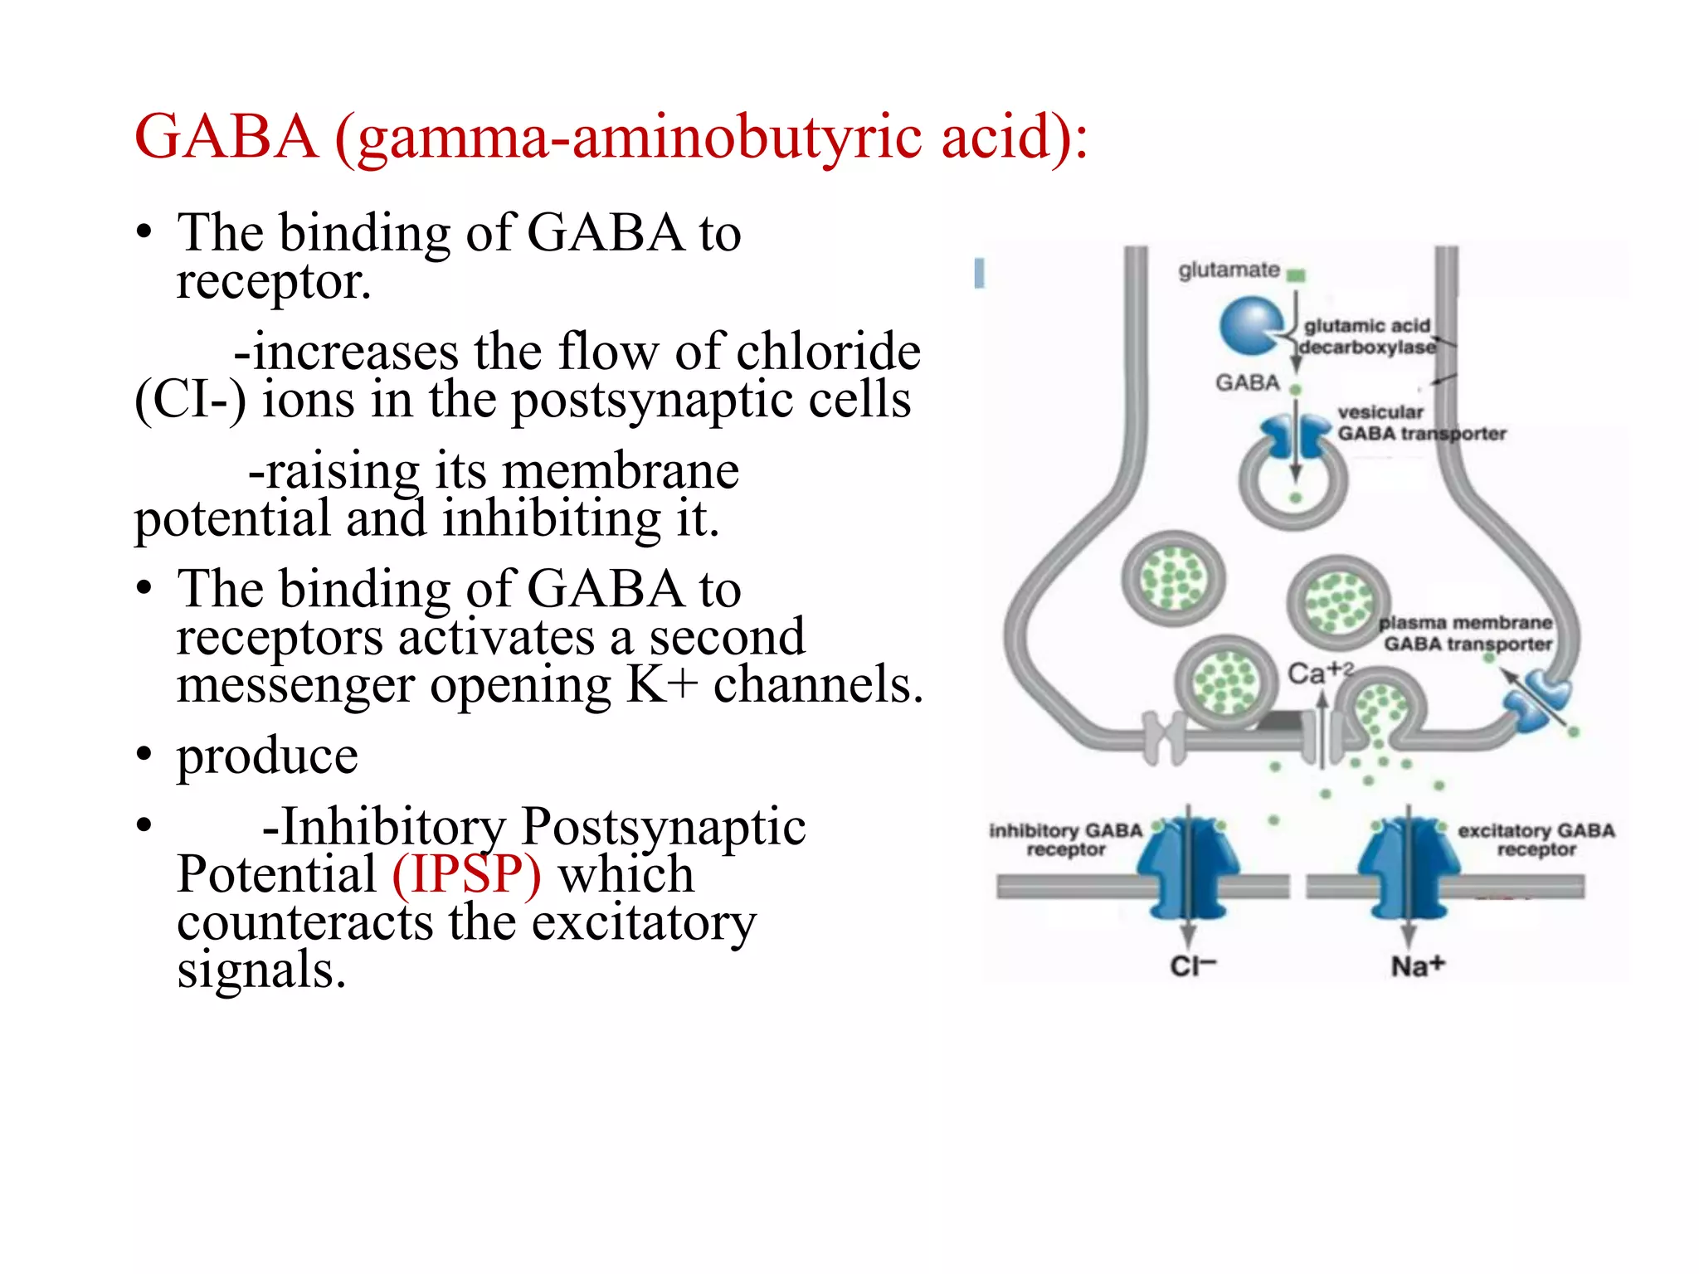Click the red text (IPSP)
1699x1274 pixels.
(466, 874)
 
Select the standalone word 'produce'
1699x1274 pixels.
(267, 756)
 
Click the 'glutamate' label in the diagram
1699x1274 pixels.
(1229, 270)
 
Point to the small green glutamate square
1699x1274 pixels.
(1297, 275)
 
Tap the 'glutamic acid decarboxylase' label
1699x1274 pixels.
(1367, 337)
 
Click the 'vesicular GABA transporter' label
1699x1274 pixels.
(1420, 423)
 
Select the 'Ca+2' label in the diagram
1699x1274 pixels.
(1319, 673)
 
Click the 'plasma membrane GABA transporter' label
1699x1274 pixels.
(1466, 634)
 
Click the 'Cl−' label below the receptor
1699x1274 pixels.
(1192, 966)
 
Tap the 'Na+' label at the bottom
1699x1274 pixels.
(1417, 966)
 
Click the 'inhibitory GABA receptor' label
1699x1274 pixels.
(1065, 839)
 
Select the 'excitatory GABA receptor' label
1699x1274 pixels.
(1536, 839)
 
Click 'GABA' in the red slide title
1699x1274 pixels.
(226, 137)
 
